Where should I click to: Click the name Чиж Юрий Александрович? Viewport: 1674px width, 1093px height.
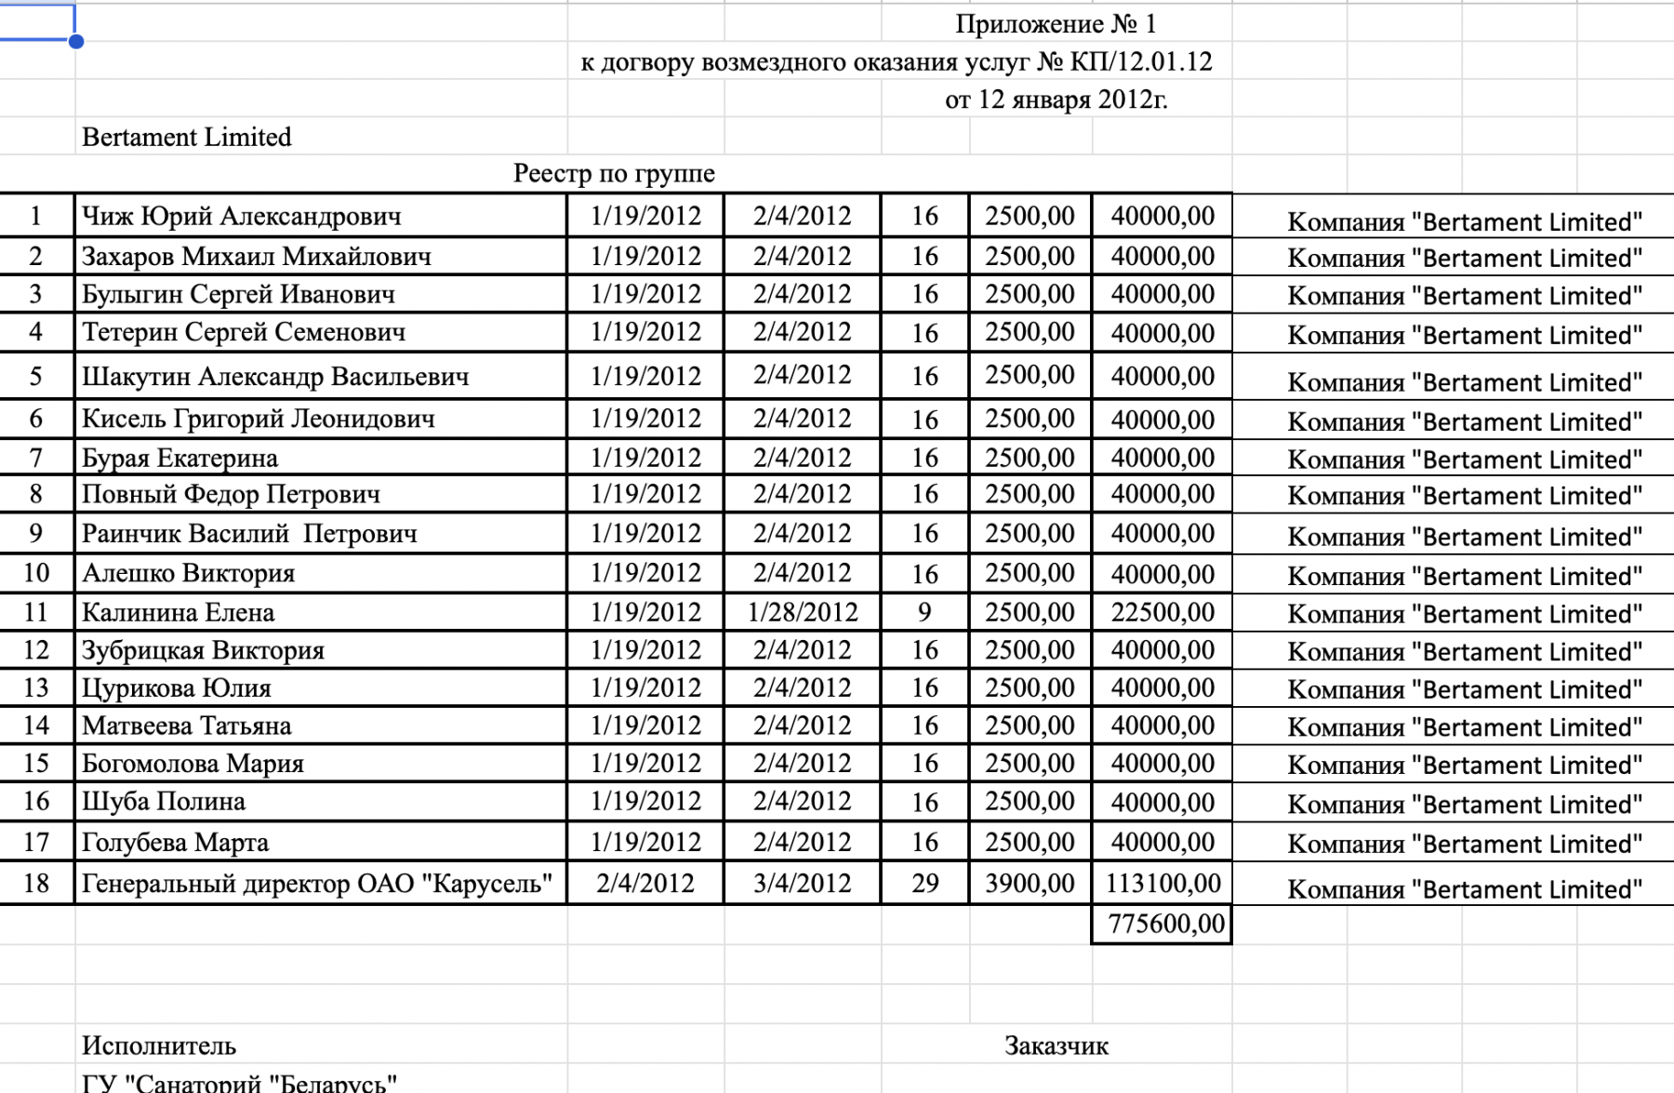[x=242, y=216]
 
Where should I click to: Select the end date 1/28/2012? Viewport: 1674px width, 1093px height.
[x=802, y=612]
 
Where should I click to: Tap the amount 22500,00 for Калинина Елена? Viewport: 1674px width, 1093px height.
[x=1162, y=612]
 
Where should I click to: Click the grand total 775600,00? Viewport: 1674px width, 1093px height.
[x=1166, y=924]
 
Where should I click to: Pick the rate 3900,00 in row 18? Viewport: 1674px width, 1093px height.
[x=1030, y=883]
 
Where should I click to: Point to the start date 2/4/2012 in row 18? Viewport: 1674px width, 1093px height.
[x=645, y=883]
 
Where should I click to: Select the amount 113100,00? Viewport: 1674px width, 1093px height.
[x=1162, y=883]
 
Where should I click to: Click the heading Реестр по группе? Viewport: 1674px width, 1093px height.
[x=614, y=173]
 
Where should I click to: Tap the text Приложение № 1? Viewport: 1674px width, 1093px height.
[x=1056, y=24]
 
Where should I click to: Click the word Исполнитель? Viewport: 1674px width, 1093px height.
[x=159, y=1046]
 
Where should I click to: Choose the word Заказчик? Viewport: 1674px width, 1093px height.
[x=1056, y=1046]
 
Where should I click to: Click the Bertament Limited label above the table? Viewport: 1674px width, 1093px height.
[x=186, y=137]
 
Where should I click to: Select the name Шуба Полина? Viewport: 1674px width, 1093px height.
[x=164, y=801]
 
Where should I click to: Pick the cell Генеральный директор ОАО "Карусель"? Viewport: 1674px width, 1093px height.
[x=317, y=883]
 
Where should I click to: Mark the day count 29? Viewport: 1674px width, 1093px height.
[x=924, y=883]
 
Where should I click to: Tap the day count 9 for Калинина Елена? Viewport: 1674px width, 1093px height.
[x=924, y=612]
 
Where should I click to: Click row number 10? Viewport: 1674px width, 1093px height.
[x=36, y=573]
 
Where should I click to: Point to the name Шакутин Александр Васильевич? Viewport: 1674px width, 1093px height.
[x=275, y=377]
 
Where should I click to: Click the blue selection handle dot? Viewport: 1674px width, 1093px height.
[x=76, y=41]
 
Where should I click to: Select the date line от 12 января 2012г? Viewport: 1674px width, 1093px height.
[x=1056, y=99]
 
